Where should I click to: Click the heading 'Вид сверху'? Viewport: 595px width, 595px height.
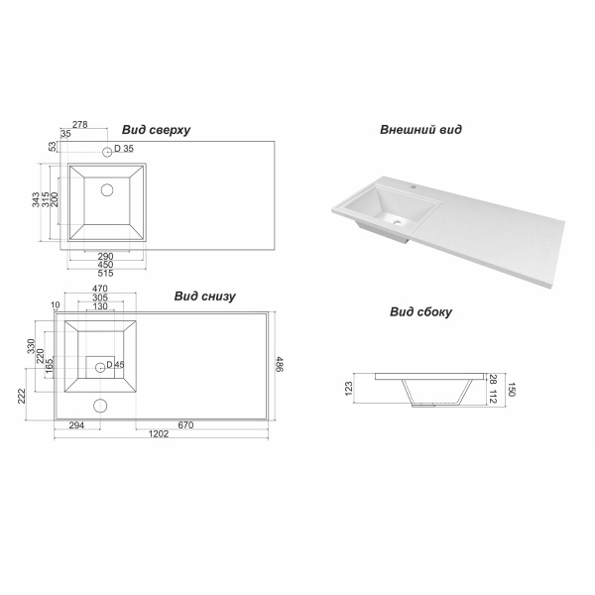tap(156, 130)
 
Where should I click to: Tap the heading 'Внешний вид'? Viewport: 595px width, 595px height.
tap(420, 130)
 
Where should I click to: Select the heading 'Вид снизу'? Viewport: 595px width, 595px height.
tap(205, 297)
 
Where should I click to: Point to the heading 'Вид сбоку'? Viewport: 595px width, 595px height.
tap(420, 312)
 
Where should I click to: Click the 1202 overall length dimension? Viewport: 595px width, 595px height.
tap(159, 434)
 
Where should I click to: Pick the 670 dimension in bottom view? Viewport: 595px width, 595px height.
tap(185, 425)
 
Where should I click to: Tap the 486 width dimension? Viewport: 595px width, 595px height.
tap(279, 364)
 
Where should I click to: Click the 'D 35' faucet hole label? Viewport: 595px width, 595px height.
tap(124, 149)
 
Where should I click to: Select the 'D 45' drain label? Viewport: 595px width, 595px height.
tap(115, 365)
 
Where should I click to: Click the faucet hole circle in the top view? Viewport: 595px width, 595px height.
tap(107, 152)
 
